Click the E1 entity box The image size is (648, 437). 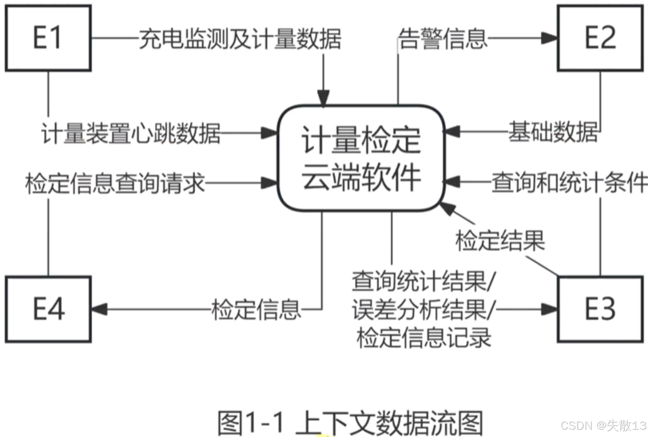coord(48,38)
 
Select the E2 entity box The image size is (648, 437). coord(600,38)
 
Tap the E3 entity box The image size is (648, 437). coord(600,309)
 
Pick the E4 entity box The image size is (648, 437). coord(48,309)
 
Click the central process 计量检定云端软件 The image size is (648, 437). coord(361,158)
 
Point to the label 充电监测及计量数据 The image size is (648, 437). coord(240,39)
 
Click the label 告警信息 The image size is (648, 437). coord(443,39)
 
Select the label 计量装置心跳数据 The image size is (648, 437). coord(131,133)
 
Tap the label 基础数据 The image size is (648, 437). coord(553,132)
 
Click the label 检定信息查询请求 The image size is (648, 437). coord(114,183)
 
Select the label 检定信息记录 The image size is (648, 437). coord(424,338)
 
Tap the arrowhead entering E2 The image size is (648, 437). coord(550,38)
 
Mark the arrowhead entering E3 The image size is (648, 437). coord(550,309)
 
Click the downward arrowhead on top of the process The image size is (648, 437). coord(323,98)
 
